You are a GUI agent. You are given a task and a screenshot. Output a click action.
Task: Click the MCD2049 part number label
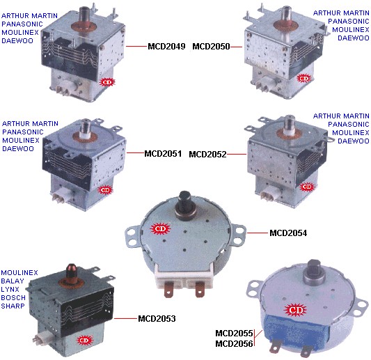point(166,47)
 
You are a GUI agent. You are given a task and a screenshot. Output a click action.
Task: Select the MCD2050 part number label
point(211,47)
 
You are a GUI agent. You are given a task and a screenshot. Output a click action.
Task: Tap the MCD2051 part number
point(163,154)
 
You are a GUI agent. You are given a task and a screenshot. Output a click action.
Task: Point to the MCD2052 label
point(207,155)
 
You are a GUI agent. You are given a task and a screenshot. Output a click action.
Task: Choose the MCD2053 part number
point(157,319)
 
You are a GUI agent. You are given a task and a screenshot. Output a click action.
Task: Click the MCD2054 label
point(288,233)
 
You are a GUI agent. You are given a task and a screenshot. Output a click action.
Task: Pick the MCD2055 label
point(234,334)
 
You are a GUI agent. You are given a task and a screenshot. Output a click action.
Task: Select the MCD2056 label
point(234,344)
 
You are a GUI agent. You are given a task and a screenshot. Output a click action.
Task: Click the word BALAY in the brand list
point(13,281)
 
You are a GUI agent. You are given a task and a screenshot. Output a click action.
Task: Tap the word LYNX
point(10,289)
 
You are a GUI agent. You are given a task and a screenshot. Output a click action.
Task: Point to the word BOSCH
point(13,297)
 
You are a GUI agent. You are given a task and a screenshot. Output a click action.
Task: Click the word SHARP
point(13,306)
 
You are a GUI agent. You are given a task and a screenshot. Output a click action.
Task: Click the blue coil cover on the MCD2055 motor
point(296,329)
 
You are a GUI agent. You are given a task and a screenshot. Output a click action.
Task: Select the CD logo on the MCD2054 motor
point(160,229)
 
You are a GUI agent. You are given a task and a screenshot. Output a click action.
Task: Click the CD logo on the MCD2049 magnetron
point(107,82)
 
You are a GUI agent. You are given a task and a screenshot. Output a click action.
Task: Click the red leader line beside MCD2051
point(135,152)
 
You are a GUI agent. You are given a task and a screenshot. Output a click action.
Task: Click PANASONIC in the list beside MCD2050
point(349,22)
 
